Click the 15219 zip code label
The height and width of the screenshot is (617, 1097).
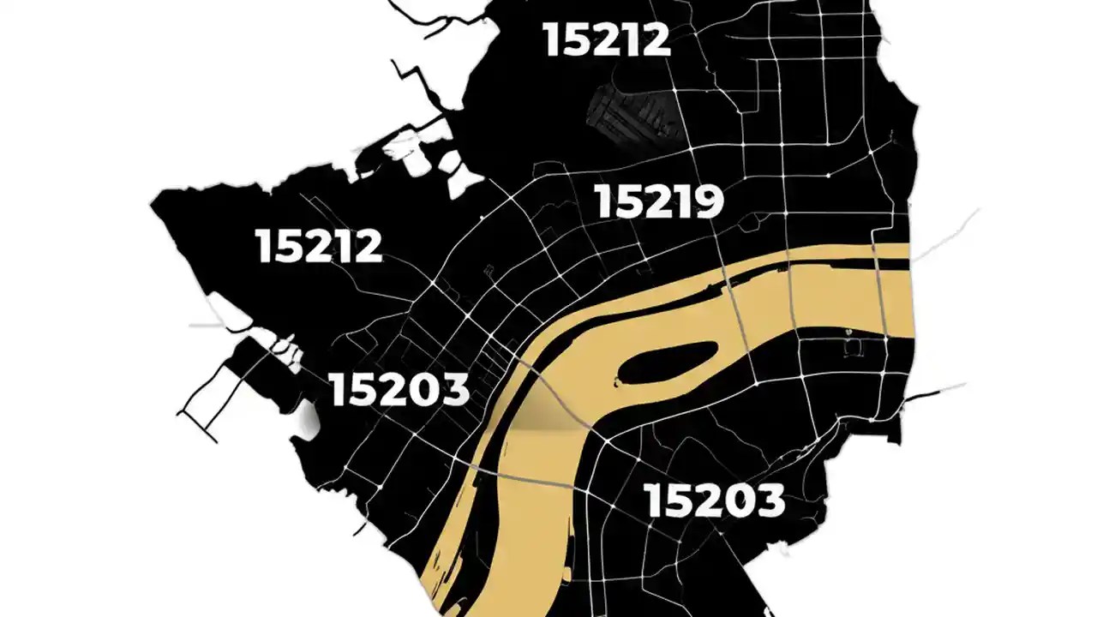659,202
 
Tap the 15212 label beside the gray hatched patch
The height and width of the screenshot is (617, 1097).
606,39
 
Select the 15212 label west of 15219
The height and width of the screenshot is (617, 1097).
318,246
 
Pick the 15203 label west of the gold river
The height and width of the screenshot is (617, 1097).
399,390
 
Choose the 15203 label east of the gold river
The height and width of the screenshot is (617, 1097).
714,501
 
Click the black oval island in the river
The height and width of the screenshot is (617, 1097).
667,362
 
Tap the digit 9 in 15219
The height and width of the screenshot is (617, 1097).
708,202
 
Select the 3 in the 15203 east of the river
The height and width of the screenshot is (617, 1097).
768,501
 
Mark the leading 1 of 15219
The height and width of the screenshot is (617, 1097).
602,202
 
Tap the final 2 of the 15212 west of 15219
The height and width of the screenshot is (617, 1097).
366,246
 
